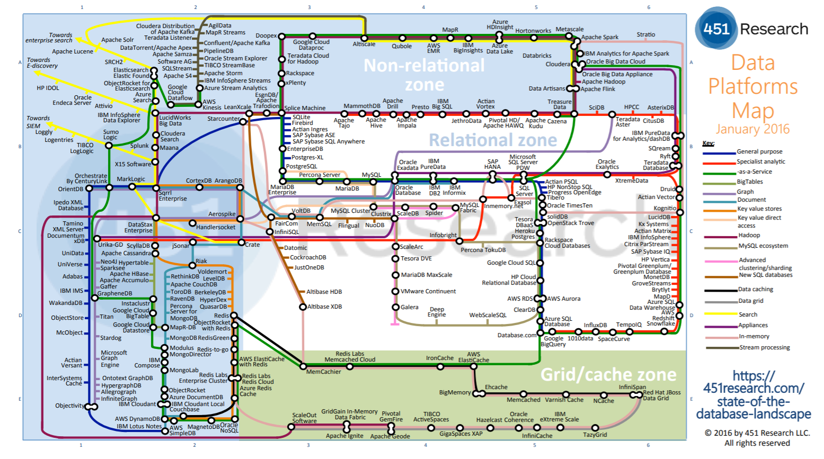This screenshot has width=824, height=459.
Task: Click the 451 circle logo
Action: [716, 29]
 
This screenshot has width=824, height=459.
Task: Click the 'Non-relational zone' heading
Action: [424, 75]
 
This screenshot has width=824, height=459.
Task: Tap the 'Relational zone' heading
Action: [493, 140]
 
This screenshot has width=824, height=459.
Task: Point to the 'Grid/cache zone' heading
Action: [608, 375]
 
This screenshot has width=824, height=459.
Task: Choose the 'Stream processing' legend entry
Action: [764, 347]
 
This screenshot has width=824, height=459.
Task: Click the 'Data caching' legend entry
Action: [755, 290]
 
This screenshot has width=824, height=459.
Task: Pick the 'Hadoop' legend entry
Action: [749, 235]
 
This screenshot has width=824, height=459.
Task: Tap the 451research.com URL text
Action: [754, 395]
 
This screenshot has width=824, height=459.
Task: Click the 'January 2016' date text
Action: [752, 129]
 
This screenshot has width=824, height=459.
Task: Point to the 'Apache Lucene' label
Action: [73, 51]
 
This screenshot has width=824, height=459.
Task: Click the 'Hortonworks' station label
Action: [533, 31]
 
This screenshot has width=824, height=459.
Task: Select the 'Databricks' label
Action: [537, 56]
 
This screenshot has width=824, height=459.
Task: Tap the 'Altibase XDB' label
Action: [324, 307]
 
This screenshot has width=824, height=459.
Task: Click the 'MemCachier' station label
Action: [323, 372]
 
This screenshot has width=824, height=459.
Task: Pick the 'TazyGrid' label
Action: [595, 435]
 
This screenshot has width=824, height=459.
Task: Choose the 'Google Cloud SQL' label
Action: [511, 263]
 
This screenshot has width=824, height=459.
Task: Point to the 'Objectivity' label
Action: [70, 406]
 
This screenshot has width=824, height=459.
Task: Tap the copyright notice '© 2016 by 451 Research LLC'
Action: [757, 433]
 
